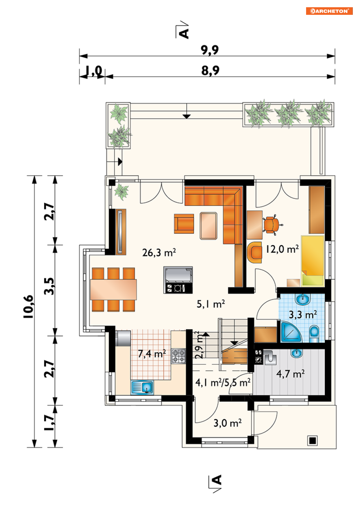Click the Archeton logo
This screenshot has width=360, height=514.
click(x=329, y=11)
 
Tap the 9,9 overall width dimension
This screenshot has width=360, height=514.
click(x=209, y=50)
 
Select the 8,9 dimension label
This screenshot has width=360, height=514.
click(x=210, y=70)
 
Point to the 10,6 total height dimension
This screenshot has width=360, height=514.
click(x=29, y=306)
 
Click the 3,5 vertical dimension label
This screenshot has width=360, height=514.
click(x=50, y=286)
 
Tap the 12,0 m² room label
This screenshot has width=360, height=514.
click(x=282, y=249)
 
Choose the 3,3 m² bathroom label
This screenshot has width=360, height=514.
click(x=303, y=314)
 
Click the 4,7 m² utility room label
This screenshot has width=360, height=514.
click(x=291, y=374)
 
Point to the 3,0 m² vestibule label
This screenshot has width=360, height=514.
click(x=228, y=423)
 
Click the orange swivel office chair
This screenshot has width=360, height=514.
click(x=272, y=224)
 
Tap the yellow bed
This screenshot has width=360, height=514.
click(x=313, y=261)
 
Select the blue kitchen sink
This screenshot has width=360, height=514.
click(x=142, y=387)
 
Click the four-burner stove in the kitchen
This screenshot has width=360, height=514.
click(x=178, y=356)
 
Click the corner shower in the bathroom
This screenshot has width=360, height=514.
click(x=291, y=332)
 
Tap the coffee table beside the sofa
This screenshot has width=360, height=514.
click(x=208, y=226)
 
